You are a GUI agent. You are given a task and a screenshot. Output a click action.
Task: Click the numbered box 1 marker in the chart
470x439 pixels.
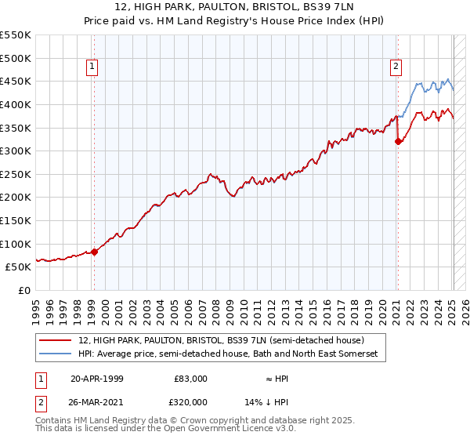click(92, 67)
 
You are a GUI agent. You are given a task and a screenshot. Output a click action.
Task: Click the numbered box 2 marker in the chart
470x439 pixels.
click(396, 67)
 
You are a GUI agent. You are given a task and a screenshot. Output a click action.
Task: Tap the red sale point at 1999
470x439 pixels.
click(95, 252)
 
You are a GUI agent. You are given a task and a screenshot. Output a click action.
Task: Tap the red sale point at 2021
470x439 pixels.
click(398, 142)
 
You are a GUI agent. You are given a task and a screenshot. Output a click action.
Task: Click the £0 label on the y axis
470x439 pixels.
click(24, 290)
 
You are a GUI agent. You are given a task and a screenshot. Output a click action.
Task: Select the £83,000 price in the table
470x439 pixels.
click(190, 378)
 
